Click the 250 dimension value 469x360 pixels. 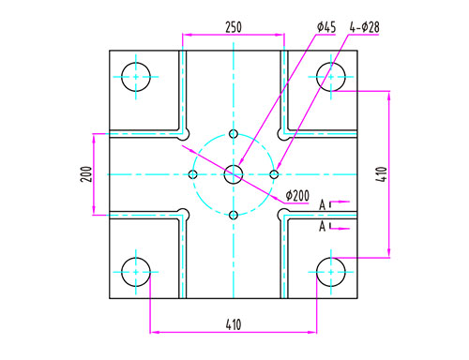[x=234, y=27]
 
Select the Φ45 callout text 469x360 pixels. [x=326, y=27]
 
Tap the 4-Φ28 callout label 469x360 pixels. [x=365, y=27]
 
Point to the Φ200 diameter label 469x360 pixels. [x=297, y=196]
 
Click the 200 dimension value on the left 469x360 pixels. [x=86, y=174]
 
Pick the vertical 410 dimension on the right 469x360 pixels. [x=382, y=174]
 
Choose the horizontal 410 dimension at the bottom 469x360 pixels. [x=234, y=324]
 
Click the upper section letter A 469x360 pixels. [x=323, y=205]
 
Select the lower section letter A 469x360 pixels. [x=323, y=226]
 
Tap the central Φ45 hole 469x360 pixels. [x=234, y=174]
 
